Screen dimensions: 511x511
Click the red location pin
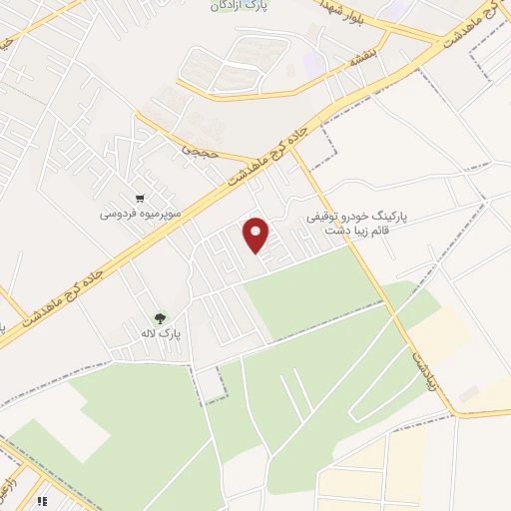(257, 234)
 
